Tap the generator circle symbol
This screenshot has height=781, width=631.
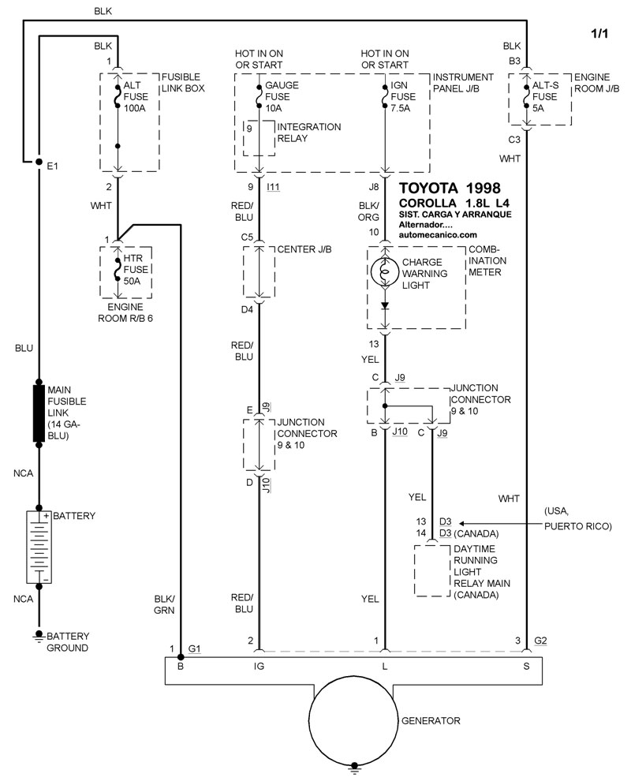(354, 722)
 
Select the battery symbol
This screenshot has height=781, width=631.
(39, 547)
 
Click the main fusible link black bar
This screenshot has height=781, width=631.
(39, 413)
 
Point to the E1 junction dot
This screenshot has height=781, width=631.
(39, 162)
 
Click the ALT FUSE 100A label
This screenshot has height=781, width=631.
(136, 96)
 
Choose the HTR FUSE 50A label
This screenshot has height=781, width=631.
(136, 270)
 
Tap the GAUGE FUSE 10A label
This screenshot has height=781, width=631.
(282, 96)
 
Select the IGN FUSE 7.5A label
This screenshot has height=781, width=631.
(403, 96)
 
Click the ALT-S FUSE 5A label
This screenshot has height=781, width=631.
(545, 96)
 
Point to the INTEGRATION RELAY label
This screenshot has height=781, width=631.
(308, 133)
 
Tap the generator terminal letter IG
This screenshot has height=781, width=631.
(259, 666)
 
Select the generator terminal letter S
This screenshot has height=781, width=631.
(526, 666)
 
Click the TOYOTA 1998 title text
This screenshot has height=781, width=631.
(450, 188)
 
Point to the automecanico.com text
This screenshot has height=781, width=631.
(438, 234)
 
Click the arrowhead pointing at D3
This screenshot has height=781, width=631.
(461, 524)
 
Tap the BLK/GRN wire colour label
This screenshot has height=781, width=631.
(164, 604)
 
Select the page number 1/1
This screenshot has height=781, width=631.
(599, 33)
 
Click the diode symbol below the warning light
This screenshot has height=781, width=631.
(384, 306)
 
